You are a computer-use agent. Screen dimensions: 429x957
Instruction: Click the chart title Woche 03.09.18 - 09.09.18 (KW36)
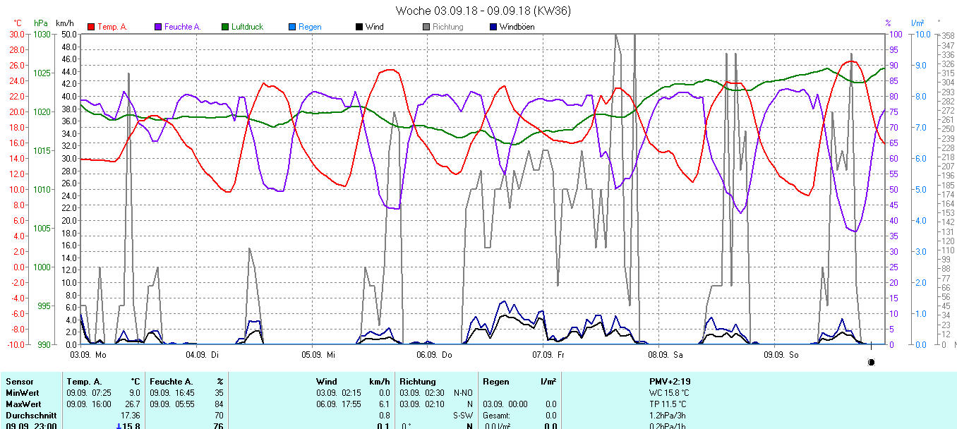[483, 11]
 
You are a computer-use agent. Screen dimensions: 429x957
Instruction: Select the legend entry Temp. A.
[112, 27]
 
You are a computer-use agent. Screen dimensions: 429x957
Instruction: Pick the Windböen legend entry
[516, 27]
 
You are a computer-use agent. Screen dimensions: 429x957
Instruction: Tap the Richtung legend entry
[447, 27]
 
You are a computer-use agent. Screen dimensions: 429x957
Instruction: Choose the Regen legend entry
[309, 27]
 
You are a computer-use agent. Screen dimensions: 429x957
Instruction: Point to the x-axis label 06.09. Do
[435, 354]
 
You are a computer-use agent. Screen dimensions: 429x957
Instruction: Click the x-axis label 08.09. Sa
[666, 354]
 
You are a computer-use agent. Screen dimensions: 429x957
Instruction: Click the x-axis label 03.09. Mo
[88, 354]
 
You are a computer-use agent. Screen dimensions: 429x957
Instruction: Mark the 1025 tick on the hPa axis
[42, 73]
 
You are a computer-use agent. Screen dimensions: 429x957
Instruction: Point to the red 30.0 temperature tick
[16, 34]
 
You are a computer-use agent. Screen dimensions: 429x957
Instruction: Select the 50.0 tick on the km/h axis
[68, 34]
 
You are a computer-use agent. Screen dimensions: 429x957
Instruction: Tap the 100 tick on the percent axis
[893, 34]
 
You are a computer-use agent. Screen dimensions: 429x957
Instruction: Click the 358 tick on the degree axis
[947, 36]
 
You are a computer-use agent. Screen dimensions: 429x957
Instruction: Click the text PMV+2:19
[670, 382]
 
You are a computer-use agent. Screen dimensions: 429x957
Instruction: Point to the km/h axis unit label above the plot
[64, 23]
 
